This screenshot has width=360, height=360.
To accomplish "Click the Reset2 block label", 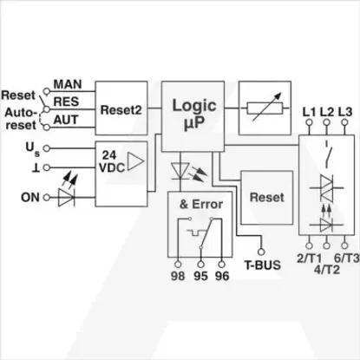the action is pos(121,110).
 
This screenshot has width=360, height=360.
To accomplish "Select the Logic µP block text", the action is pos(194,114).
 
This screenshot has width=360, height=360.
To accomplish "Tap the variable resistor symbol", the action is pos(265,108).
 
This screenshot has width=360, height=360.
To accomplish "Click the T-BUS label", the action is pos(263,265).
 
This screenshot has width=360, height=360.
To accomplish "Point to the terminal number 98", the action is pos(178,276).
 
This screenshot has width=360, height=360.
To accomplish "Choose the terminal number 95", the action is pos(200,276).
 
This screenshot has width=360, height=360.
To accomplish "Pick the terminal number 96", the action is pos(222,276).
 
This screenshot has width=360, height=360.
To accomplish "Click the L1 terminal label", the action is pos(309,112).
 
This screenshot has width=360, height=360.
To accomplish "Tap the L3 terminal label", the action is pos(345,112).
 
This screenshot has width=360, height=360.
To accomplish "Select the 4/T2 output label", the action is pos(327,270).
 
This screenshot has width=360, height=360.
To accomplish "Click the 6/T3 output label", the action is pos(347,258).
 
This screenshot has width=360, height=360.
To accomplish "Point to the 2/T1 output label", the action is pos(309,259).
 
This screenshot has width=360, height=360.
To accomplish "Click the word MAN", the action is pos(68,84).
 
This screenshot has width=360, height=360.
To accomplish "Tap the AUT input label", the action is pos(66,120).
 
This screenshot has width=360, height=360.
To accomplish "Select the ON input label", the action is pos(30,198).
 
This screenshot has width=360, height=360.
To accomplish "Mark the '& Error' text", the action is pos(201,204).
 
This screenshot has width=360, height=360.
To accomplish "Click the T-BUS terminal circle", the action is pos(261,252).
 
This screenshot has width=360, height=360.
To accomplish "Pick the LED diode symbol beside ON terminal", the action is pos(67,198).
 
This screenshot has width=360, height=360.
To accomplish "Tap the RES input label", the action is pos(66,101).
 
